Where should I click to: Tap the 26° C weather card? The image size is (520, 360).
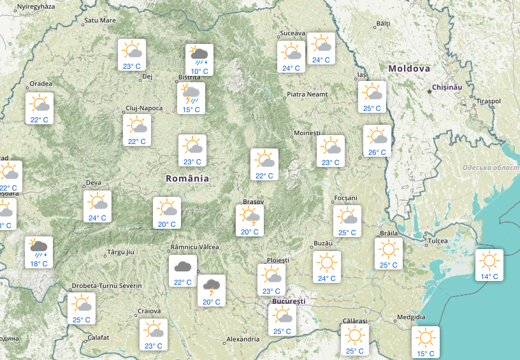click(x=377, y=141)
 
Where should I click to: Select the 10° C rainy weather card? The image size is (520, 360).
click(x=199, y=59)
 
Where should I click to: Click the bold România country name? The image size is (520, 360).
click(x=187, y=178)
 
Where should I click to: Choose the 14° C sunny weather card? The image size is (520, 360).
click(x=489, y=264)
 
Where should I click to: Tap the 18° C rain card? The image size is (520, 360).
click(x=39, y=252)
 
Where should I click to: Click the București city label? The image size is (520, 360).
click(x=289, y=301)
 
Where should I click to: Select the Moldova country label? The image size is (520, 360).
click(x=408, y=68)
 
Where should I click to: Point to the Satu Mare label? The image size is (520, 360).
click(x=100, y=20)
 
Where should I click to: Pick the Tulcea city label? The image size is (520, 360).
click(x=438, y=241)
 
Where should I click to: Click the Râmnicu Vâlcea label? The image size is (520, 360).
click(x=195, y=247)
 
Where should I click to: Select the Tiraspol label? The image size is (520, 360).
click(x=488, y=101)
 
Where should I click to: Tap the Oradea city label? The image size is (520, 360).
click(x=40, y=84)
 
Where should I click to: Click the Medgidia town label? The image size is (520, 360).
click(x=410, y=316)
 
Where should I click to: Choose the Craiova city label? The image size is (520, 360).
click(x=148, y=312)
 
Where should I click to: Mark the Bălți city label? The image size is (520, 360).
click(x=382, y=23)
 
